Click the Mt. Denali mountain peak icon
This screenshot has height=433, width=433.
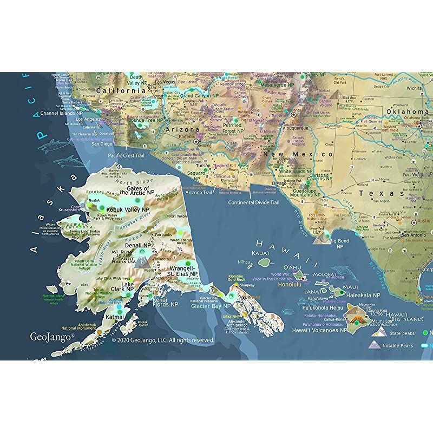coord(142,263)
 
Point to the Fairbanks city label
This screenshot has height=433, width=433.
coord(163,235)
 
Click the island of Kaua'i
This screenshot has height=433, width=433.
coord(264,262)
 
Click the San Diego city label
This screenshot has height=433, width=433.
coord(102,144)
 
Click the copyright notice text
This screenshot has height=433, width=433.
coord(162,340)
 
